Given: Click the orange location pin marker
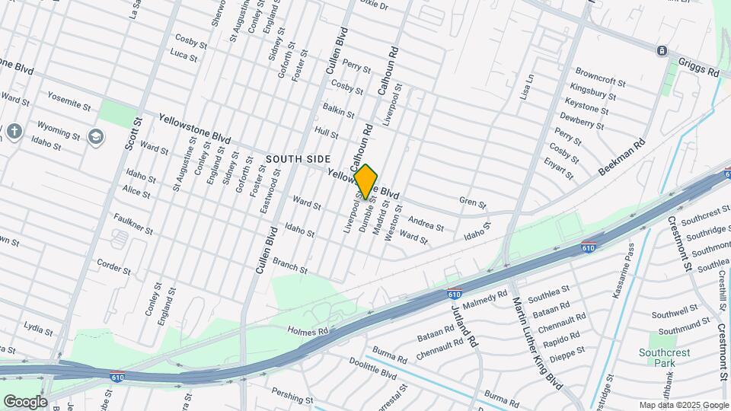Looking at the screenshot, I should point(366,182).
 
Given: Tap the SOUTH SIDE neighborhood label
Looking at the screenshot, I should point(298,159).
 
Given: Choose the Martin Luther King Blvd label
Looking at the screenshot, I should point(538,342).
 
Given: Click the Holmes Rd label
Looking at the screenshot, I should point(308,331).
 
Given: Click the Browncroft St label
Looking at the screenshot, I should point(600,81).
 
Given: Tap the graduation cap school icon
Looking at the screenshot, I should point(95,137).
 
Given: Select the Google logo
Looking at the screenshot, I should point(25,401).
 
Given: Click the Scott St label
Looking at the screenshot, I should point(134,133).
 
